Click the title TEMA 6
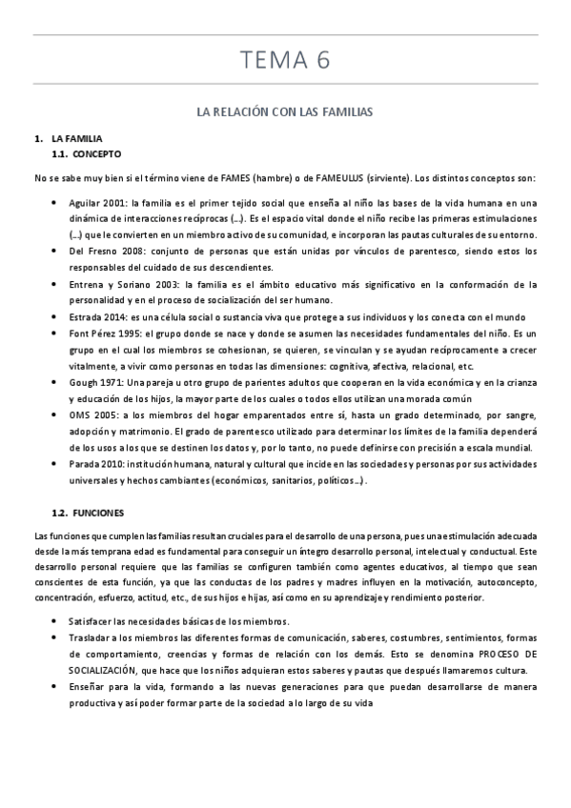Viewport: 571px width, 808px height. [285, 61]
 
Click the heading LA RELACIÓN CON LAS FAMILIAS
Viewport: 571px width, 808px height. [284, 112]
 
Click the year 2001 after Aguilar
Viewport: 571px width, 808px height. [114, 203]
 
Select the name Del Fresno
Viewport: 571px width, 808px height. [91, 252]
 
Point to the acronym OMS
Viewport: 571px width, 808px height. [80, 415]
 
